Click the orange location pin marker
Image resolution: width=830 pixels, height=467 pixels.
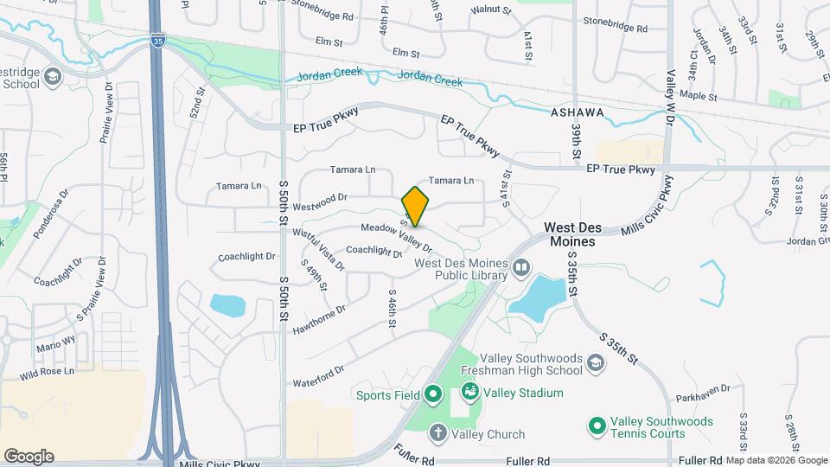coord(416,206)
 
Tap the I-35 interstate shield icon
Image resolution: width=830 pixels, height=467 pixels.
coord(157,39)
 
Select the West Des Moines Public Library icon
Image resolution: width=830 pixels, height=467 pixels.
coord(520,267)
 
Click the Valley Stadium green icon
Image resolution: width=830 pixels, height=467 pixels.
coord(469,393)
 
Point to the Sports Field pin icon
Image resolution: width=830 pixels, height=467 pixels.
coord(433,396)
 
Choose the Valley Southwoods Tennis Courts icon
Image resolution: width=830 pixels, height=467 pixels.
coord(596,425)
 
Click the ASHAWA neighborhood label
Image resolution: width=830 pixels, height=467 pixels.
coord(577,112)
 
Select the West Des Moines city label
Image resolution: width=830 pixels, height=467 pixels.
coord(570,234)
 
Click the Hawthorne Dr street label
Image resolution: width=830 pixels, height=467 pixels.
coord(319,320)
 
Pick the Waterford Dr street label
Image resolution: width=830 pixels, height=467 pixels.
coord(318,375)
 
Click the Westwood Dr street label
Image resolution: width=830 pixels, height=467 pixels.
coord(319,197)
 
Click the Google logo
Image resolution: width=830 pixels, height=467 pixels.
coord(29,457)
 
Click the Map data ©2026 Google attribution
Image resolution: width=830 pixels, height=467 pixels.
coord(776,460)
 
